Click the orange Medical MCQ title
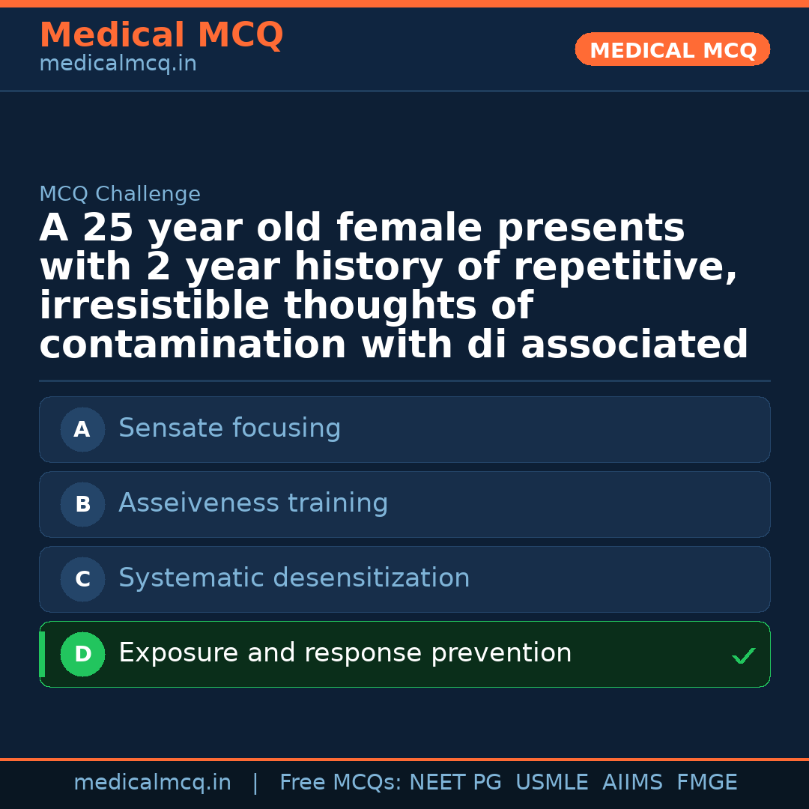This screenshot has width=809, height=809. click(161, 35)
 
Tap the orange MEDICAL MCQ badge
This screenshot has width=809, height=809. click(673, 50)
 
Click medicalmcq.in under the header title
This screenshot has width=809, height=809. click(118, 64)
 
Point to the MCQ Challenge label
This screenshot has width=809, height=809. click(120, 195)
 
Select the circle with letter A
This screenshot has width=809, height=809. click(82, 429)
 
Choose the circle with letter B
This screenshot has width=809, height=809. click(82, 504)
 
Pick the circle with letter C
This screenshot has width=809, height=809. click(82, 579)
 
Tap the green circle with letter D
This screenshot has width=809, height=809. click(82, 654)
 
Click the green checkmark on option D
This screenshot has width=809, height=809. click(743, 656)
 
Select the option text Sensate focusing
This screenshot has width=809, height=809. click(229, 428)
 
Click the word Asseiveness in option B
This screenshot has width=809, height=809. click(190, 503)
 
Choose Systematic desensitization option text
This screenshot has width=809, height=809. click(294, 578)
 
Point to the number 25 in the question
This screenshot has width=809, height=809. click(108, 229)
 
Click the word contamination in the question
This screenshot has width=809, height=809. click(193, 345)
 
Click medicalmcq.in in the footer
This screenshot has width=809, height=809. click(152, 783)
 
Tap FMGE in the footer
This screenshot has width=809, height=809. click(706, 783)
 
